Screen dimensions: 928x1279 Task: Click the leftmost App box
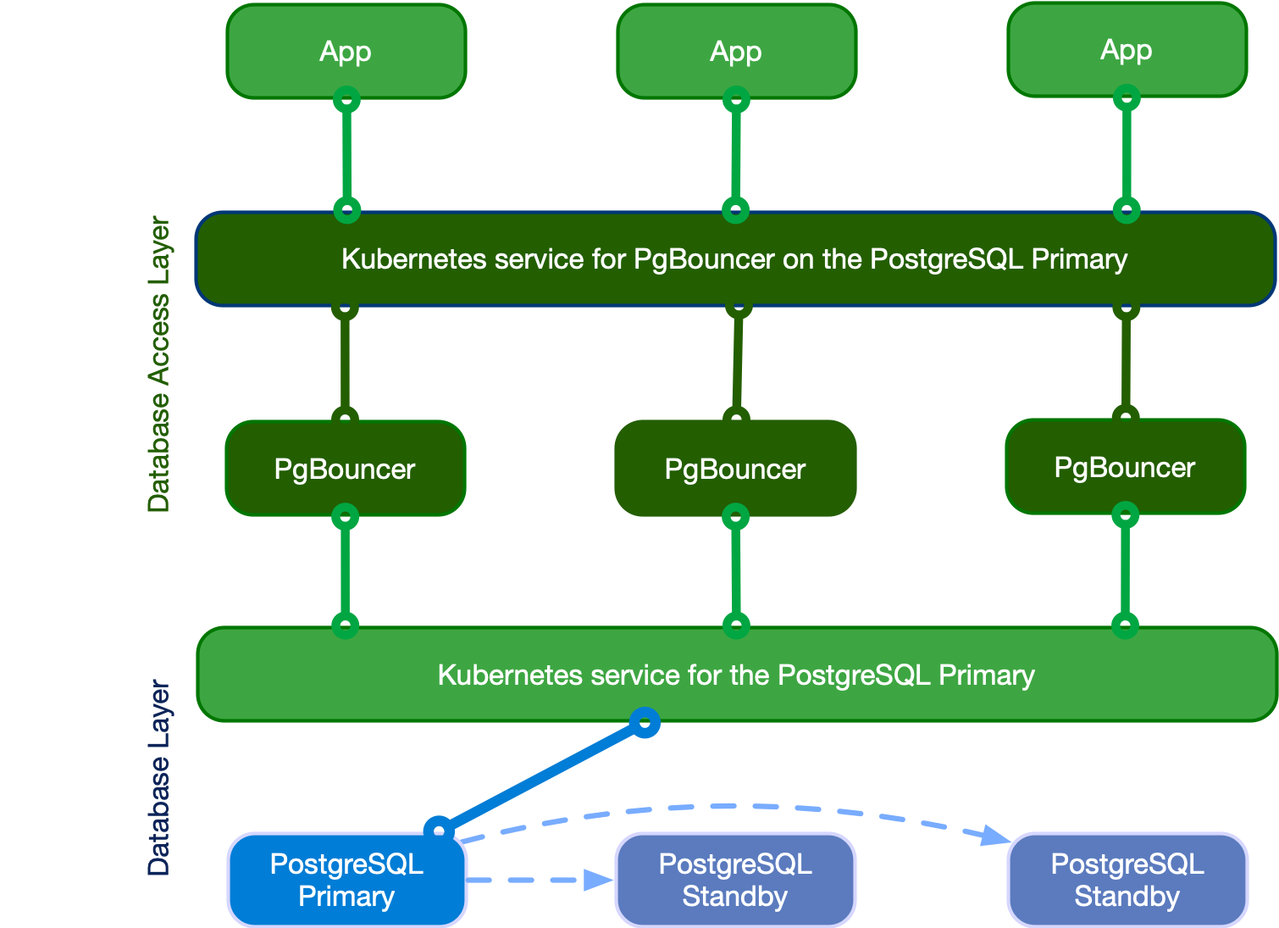[346, 51]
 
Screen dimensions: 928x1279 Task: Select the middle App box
[736, 51]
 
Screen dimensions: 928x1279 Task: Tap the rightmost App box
[1127, 49]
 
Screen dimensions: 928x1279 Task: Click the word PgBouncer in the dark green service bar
[704, 258]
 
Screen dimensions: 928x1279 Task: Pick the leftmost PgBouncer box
[345, 469]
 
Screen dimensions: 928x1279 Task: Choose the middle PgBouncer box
[735, 469]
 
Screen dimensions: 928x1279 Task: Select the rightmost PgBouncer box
[1125, 467]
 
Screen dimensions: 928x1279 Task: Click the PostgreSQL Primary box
[347, 880]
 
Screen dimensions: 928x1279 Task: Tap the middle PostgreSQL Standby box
[735, 880]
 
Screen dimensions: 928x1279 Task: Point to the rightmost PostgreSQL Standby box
[1127, 880]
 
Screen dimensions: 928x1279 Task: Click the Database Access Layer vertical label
[158, 364]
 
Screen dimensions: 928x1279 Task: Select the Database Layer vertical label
[158, 778]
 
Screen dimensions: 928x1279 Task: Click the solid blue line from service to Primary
[542, 775]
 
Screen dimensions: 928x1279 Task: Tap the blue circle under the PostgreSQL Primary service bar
[645, 722]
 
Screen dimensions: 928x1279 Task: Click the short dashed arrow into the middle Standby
[542, 880]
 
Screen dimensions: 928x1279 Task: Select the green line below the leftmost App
[346, 154]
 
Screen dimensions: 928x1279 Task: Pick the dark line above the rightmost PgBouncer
[1126, 363]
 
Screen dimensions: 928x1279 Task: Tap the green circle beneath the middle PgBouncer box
[735, 516]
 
